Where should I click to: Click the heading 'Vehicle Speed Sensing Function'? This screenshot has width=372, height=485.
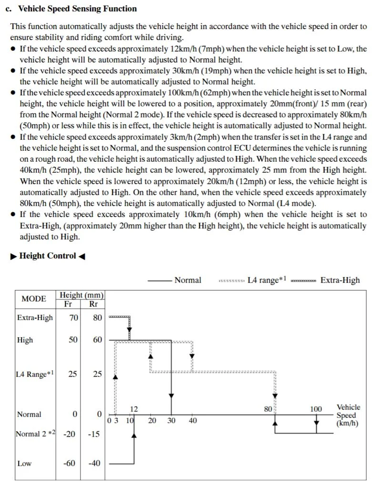[77, 9]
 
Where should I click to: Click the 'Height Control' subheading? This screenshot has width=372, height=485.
[48, 256]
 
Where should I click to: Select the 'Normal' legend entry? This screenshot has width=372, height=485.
[187, 280]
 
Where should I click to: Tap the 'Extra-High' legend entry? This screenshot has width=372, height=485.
[340, 280]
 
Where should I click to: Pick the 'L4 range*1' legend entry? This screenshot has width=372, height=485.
[267, 280]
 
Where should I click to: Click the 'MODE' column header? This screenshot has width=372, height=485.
[34, 299]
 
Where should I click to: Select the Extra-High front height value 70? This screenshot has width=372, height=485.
[74, 318]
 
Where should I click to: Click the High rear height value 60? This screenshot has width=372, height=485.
[97, 340]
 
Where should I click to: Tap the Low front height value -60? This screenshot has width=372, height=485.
[70, 463]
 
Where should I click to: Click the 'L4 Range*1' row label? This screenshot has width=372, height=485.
[34, 374]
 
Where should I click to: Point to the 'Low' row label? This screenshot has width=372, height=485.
[24, 463]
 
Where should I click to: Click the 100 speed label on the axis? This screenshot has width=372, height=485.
[316, 409]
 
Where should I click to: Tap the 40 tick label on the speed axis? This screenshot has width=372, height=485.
[193, 421]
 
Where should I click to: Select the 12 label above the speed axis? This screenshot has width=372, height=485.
[134, 409]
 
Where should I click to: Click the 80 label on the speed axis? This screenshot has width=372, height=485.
[268, 409]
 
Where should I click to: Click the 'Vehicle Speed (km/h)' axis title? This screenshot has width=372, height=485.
[348, 415]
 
